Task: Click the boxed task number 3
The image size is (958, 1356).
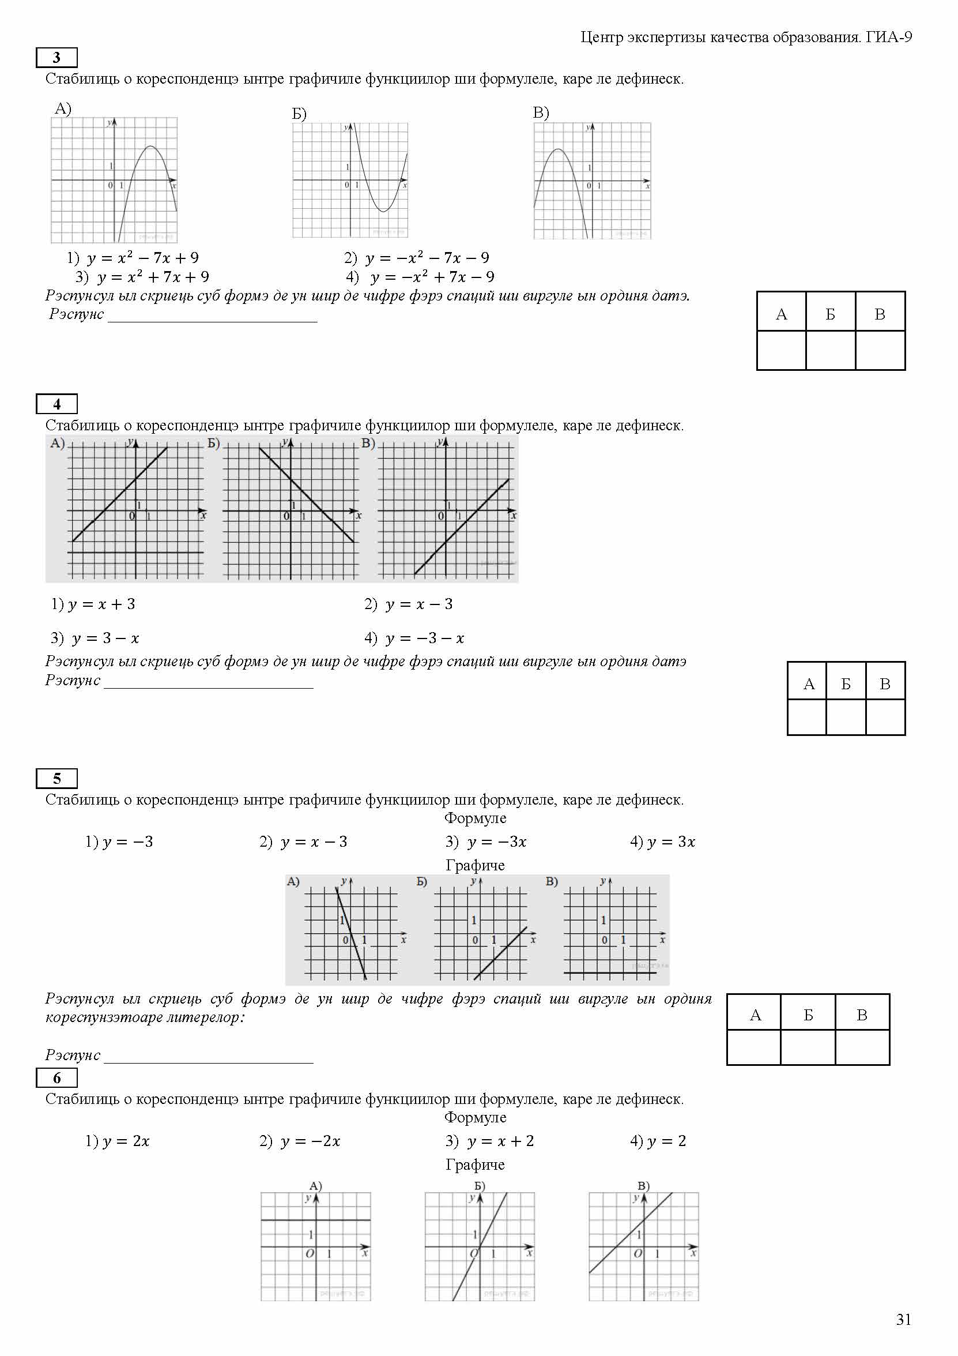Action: pyautogui.click(x=56, y=57)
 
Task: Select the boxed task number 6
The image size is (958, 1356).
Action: pyautogui.click(x=56, y=1078)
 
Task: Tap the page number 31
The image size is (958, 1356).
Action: pyautogui.click(x=903, y=1320)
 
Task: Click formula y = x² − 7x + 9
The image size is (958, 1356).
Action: pyautogui.click(x=142, y=257)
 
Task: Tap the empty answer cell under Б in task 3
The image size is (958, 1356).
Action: pyautogui.click(x=830, y=350)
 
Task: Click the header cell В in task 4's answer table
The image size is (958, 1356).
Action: pyautogui.click(x=885, y=683)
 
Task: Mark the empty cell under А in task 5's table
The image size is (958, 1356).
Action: pyautogui.click(x=753, y=1047)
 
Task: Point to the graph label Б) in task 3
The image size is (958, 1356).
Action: pyautogui.click(x=299, y=114)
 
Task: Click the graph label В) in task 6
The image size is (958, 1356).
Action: pyautogui.click(x=643, y=1185)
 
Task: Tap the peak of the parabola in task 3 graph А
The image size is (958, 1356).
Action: pyautogui.click(x=150, y=147)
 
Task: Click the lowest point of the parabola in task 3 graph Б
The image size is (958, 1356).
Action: pyautogui.click(x=383, y=211)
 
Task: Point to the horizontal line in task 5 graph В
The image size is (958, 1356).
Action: pyautogui.click(x=610, y=972)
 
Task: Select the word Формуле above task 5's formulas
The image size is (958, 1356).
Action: pyautogui.click(x=475, y=818)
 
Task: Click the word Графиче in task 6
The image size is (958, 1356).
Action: pyautogui.click(x=475, y=1165)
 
